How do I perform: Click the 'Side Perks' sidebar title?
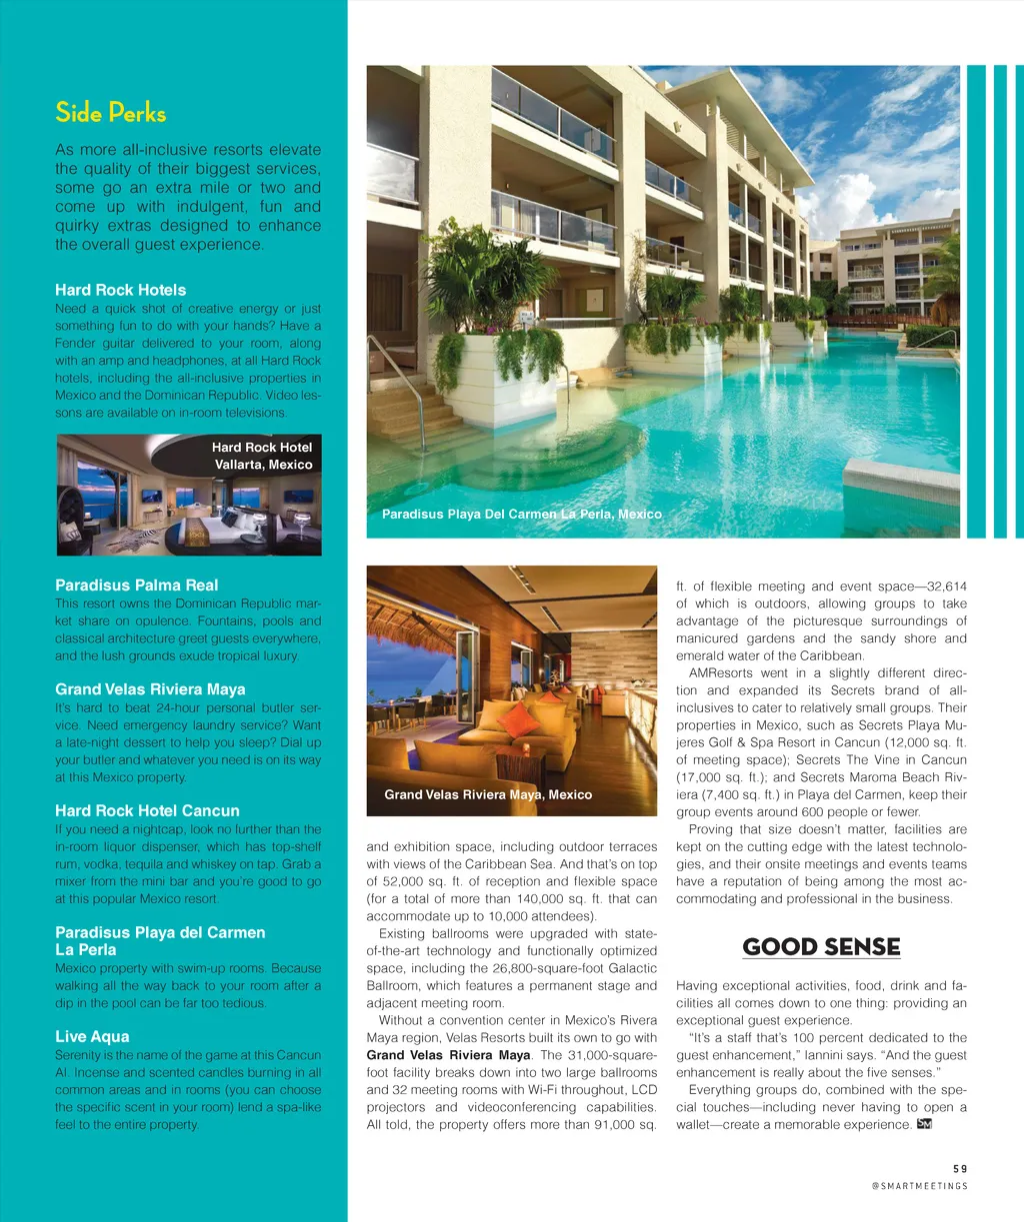[110, 113]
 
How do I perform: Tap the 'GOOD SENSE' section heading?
[821, 947]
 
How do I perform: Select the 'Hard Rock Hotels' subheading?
[120, 290]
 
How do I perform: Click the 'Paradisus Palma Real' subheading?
[136, 585]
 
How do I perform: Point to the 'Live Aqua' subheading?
[92, 1036]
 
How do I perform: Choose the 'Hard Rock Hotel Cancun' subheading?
[147, 810]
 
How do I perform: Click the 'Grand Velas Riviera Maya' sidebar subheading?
[150, 688]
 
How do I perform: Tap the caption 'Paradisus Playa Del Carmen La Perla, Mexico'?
[521, 514]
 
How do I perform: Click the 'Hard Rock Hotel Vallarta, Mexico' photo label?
[262, 456]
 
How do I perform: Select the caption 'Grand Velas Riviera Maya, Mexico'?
[488, 794]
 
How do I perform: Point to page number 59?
[959, 1168]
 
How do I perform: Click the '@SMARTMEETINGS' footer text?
[919, 1186]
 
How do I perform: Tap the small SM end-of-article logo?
[924, 1124]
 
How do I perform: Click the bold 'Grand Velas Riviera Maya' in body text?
[448, 1055]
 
